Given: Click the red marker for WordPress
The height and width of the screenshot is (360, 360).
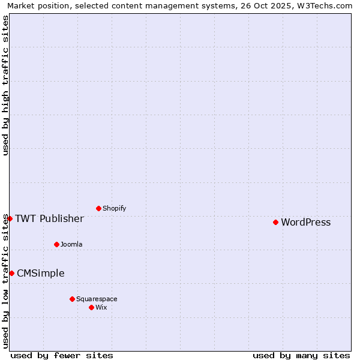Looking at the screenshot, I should pyautogui.click(x=275, y=222).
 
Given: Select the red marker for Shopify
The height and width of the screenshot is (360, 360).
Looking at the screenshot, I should pyautogui.click(x=98, y=208).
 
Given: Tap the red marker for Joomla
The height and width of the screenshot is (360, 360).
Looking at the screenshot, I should pyautogui.click(x=56, y=244).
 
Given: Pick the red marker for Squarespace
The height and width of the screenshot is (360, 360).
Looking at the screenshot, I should pyautogui.click(x=72, y=299).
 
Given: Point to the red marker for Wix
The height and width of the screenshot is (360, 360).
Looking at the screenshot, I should pyautogui.click(x=91, y=307).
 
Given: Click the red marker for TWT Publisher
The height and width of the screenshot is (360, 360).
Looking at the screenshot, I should pyautogui.click(x=10, y=218).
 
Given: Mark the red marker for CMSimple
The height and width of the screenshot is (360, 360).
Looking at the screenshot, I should pyautogui.click(x=11, y=273).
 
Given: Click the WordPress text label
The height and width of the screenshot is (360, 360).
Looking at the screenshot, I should pyautogui.click(x=305, y=223).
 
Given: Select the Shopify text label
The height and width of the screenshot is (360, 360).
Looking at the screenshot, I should pyautogui.click(x=114, y=209).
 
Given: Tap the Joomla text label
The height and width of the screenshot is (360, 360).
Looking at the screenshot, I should pyautogui.click(x=71, y=245).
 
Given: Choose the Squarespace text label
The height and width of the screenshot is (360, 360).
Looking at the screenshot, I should pyautogui.click(x=97, y=299).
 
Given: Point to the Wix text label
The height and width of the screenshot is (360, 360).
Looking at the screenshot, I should pyautogui.click(x=101, y=308).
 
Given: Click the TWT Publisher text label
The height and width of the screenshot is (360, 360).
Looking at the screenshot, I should pyautogui.click(x=49, y=218).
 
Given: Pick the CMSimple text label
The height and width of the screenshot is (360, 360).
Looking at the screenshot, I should pyautogui.click(x=40, y=274).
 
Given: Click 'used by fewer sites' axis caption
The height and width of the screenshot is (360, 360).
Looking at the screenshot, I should pyautogui.click(x=62, y=355).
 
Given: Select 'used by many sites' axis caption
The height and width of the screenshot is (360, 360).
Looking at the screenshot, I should pyautogui.click(x=301, y=355).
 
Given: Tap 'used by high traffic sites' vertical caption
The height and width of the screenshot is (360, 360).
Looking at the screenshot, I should pyautogui.click(x=5, y=85).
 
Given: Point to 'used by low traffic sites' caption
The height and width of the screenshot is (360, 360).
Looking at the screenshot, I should pyautogui.click(x=5, y=281).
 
